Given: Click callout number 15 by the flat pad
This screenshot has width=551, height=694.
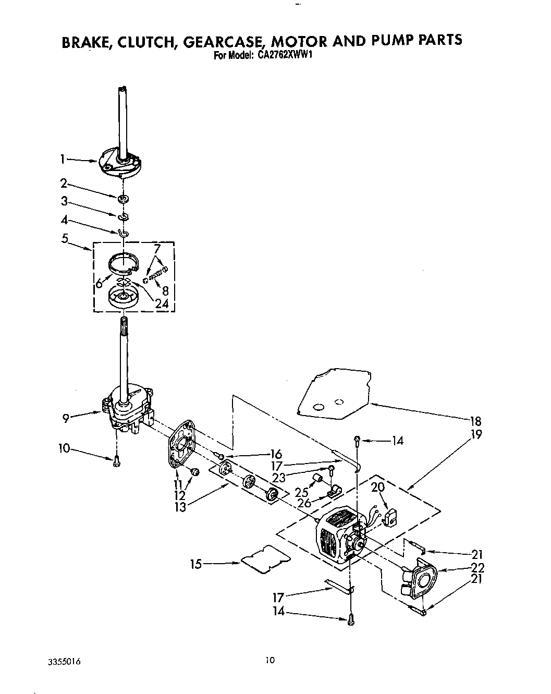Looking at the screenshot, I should (x=196, y=563).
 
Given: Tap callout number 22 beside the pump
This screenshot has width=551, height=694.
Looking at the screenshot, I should (x=477, y=568).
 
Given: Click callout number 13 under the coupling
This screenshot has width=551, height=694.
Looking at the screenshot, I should (x=180, y=506).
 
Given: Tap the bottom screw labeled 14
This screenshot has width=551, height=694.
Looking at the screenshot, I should (x=351, y=619).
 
